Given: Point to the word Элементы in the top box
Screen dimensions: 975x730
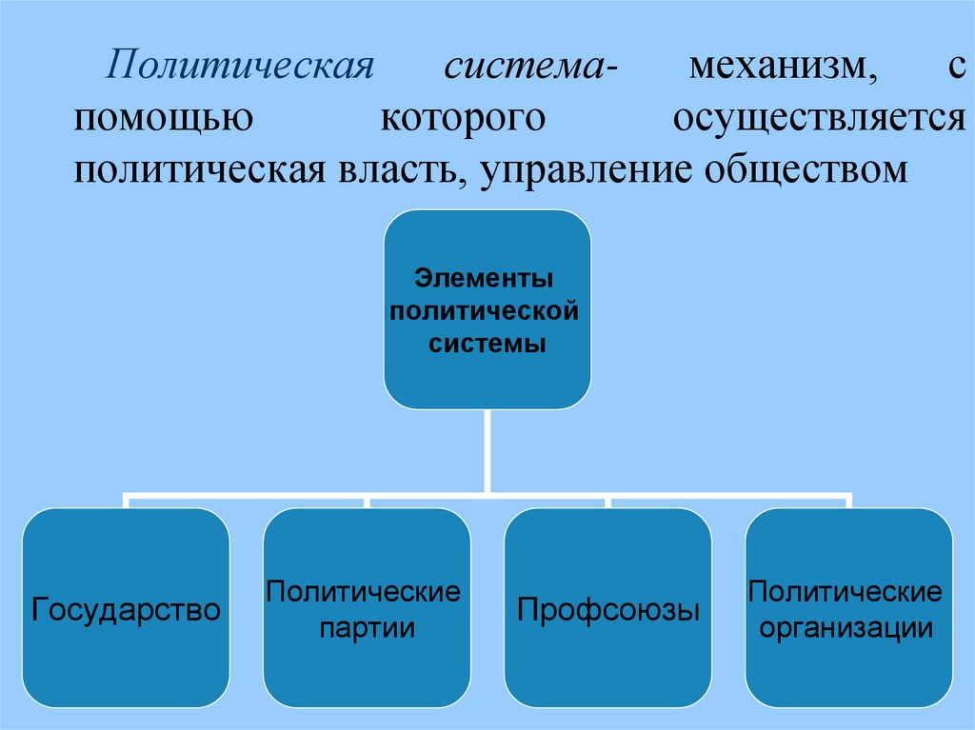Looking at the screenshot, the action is [x=486, y=280].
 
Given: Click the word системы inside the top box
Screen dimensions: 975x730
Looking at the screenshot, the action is [x=486, y=343].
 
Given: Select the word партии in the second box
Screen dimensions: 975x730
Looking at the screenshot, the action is [x=367, y=629].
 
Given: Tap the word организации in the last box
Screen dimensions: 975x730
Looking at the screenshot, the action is [x=846, y=629].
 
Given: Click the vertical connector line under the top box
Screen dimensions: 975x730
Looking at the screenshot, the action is [x=487, y=452].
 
